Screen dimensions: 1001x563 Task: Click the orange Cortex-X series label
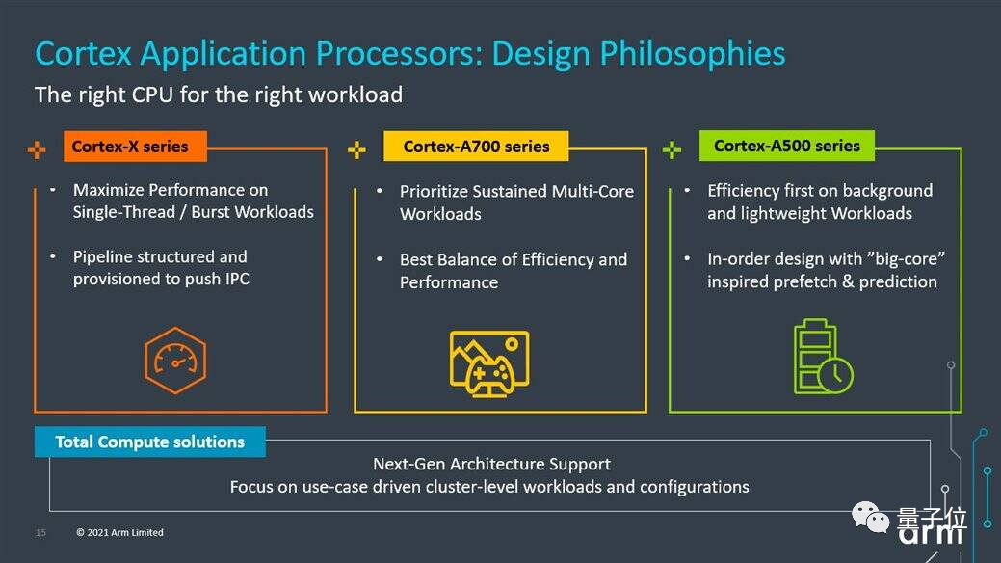coord(135,147)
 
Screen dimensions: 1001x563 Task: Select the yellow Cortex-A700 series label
coord(476,147)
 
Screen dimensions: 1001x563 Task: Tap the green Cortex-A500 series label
coord(786,146)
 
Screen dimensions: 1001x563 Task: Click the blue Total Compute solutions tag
coord(150,442)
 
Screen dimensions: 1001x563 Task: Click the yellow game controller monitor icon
coord(489,363)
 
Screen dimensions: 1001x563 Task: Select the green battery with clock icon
coord(823,356)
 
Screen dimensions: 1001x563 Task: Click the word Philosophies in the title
coord(692,54)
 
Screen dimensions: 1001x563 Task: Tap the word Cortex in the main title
coord(83,54)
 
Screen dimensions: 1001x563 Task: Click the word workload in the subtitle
coord(355,94)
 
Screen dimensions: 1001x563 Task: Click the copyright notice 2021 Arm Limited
coord(120,532)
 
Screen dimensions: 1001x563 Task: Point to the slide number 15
coord(40,532)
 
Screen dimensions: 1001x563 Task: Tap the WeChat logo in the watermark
coord(871,518)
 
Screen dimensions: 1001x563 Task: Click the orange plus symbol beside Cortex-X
coord(37,150)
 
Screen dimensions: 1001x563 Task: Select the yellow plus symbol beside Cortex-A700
coord(356,150)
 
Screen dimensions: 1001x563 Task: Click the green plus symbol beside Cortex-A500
coord(672,150)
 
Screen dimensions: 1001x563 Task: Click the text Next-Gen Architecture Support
coord(491,464)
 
